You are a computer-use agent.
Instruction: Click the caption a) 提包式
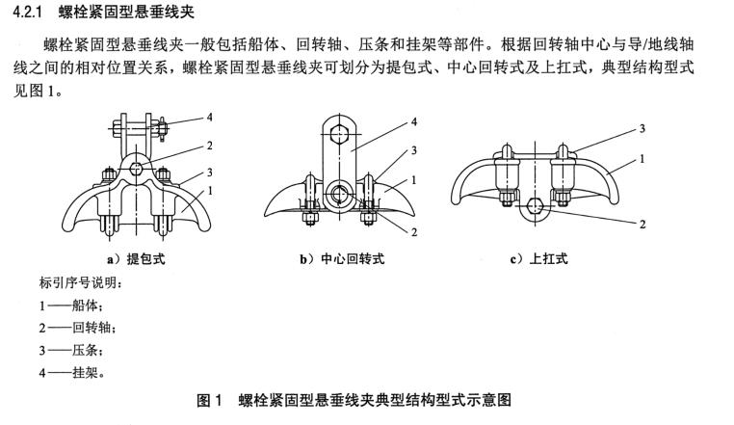[x=142, y=258]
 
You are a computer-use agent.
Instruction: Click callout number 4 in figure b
[x=413, y=122]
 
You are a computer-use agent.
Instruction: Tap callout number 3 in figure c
[x=642, y=128]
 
